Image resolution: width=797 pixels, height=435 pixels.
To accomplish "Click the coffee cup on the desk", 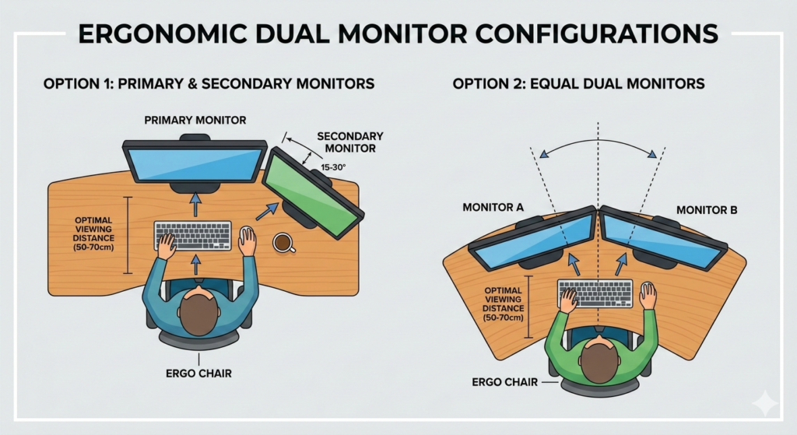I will tap(283, 243).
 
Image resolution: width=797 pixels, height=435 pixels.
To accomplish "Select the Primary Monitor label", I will tap(195, 120).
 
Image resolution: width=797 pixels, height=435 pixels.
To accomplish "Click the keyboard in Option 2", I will tap(595, 293).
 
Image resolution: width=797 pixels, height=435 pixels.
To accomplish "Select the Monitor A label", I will tap(493, 208).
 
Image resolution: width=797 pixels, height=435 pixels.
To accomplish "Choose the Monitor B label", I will tap(701, 209).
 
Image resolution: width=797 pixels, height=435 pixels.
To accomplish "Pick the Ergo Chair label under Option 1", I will tap(198, 373).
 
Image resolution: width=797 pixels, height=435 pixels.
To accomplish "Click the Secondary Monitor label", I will tap(350, 142).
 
